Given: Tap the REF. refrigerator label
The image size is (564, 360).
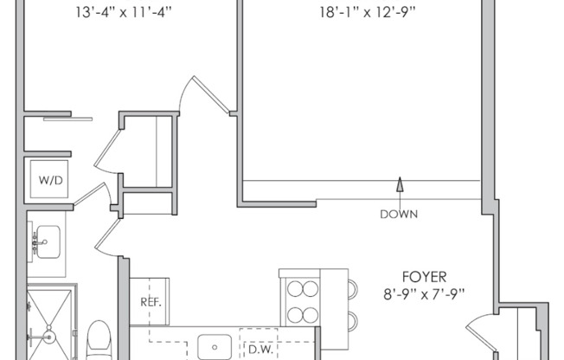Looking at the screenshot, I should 151,303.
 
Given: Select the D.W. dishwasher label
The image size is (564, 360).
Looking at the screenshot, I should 260,350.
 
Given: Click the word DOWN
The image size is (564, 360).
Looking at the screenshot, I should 399,213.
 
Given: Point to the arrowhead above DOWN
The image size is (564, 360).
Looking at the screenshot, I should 400,183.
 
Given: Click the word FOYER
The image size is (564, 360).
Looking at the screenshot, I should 424,277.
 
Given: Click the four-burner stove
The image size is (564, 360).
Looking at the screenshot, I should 299,299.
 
